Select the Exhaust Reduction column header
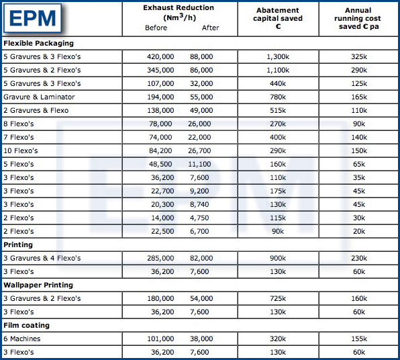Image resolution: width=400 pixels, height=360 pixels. [179, 11]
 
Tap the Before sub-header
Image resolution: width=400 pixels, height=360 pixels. [156, 28]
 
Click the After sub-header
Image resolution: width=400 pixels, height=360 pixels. [209, 28]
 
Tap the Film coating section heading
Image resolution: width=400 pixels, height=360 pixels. [26, 326]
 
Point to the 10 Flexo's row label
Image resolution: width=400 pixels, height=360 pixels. [22, 151]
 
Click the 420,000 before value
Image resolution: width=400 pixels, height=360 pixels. [160, 57]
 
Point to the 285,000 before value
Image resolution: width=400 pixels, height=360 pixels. [160, 259]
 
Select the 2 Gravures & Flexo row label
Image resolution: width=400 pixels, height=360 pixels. [36, 111]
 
